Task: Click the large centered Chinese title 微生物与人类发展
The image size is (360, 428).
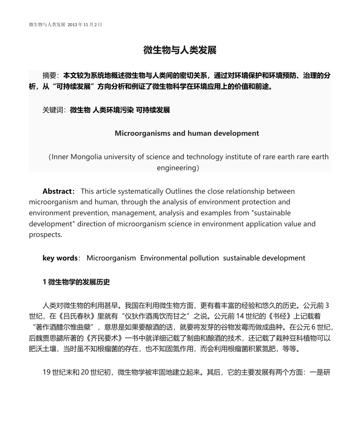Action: [x=180, y=50]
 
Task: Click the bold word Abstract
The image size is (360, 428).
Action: [x=57, y=191]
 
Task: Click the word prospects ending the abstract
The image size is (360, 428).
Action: [x=45, y=234]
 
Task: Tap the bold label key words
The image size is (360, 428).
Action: [x=60, y=258]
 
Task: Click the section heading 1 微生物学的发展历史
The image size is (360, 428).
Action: [x=76, y=282]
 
